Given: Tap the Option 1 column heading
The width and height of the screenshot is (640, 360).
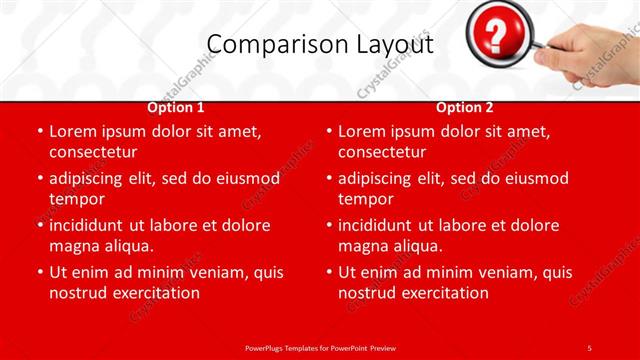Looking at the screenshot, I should pyautogui.click(x=176, y=107).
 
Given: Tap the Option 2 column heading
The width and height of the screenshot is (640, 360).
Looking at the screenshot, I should pyautogui.click(x=465, y=107).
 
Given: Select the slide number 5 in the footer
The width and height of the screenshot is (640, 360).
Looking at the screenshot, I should pyautogui.click(x=589, y=347).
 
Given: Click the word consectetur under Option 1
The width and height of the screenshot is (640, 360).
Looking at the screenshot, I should pyautogui.click(x=93, y=152).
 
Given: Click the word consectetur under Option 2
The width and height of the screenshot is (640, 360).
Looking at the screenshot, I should pyautogui.click(x=382, y=152).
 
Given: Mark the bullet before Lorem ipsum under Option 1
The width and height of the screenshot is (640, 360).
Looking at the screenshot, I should pyautogui.click(x=39, y=132).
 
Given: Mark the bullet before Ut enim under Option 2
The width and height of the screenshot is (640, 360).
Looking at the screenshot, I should pyautogui.click(x=328, y=272).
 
